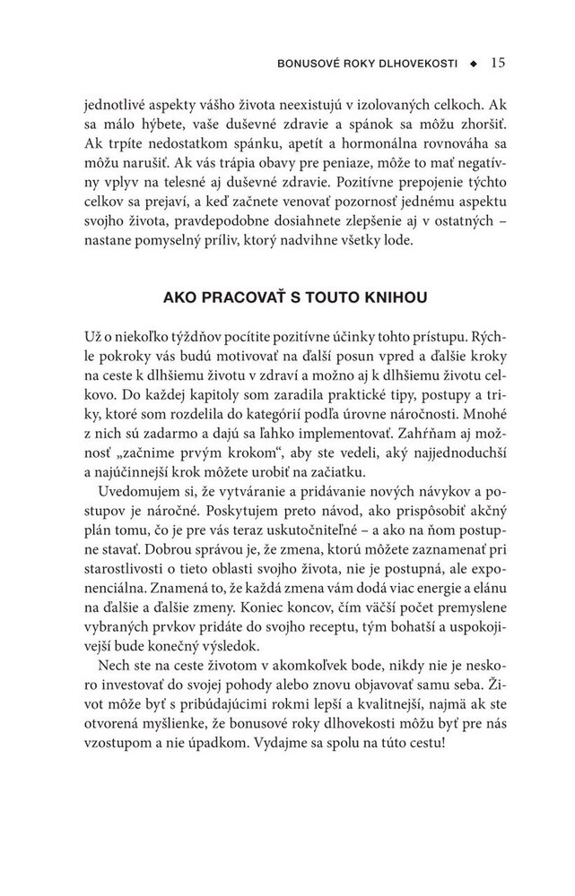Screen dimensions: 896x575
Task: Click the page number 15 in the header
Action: (x=500, y=64)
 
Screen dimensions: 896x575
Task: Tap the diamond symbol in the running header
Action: (x=476, y=65)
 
